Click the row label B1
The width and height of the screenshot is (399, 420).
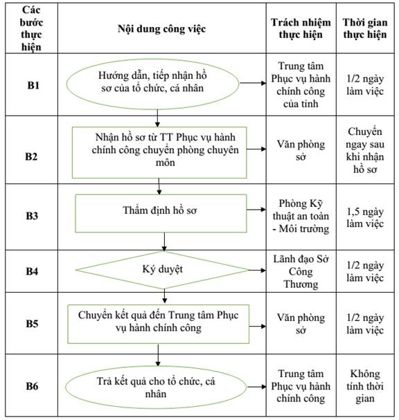tap(33, 85)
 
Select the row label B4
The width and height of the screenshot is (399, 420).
tap(32, 271)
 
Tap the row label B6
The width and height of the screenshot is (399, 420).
tap(32, 386)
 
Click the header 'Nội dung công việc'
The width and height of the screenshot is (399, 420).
tap(161, 29)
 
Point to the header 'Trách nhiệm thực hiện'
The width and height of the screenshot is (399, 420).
tap(301, 28)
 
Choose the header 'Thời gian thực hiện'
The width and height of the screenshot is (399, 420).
tap(365, 28)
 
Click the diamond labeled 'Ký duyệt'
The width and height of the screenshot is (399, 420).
tap(163, 270)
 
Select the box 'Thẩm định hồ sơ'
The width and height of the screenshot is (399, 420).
tap(161, 213)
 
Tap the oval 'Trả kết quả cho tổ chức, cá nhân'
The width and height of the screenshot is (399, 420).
tap(156, 387)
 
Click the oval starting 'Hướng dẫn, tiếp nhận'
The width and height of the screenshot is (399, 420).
tap(152, 84)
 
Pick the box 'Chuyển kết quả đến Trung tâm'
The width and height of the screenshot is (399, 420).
tap(158, 324)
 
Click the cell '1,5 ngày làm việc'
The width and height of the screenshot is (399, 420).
tap(365, 217)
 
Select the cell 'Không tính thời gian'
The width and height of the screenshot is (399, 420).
tap(365, 386)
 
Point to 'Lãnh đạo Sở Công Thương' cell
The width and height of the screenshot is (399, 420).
tap(301, 271)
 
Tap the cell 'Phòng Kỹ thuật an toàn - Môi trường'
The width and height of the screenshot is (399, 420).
tap(301, 216)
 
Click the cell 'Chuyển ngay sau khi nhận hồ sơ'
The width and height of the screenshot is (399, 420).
tap(365, 150)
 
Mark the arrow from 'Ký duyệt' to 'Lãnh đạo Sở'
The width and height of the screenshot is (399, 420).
tap(258, 270)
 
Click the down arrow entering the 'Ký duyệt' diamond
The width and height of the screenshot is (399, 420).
tap(164, 242)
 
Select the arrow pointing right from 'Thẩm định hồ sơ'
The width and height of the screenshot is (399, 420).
tap(256, 210)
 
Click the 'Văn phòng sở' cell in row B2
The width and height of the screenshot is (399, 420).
tap(301, 150)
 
